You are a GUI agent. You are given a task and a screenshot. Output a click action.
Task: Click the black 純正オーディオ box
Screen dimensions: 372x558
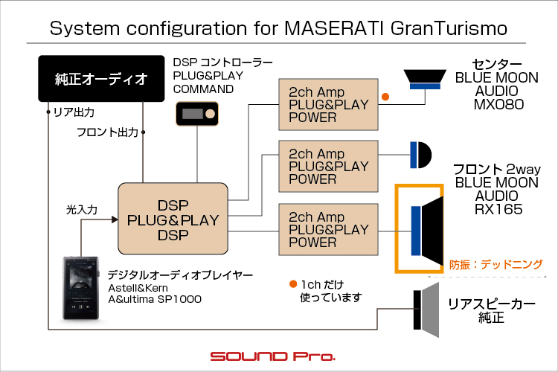(101, 78)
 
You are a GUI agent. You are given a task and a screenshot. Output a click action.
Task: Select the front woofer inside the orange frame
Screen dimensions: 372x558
(428, 227)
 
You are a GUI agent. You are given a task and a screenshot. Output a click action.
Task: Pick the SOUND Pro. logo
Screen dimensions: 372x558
(272, 356)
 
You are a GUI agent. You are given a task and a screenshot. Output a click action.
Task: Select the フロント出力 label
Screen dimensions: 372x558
(107, 132)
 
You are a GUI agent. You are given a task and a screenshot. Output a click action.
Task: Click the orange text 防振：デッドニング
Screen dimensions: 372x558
(496, 264)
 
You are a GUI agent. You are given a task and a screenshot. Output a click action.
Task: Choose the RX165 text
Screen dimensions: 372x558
(498, 210)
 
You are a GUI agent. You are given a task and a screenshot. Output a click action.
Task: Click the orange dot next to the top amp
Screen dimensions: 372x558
(385, 97)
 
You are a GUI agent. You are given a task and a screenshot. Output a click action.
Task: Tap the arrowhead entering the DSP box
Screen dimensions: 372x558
(114, 219)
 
